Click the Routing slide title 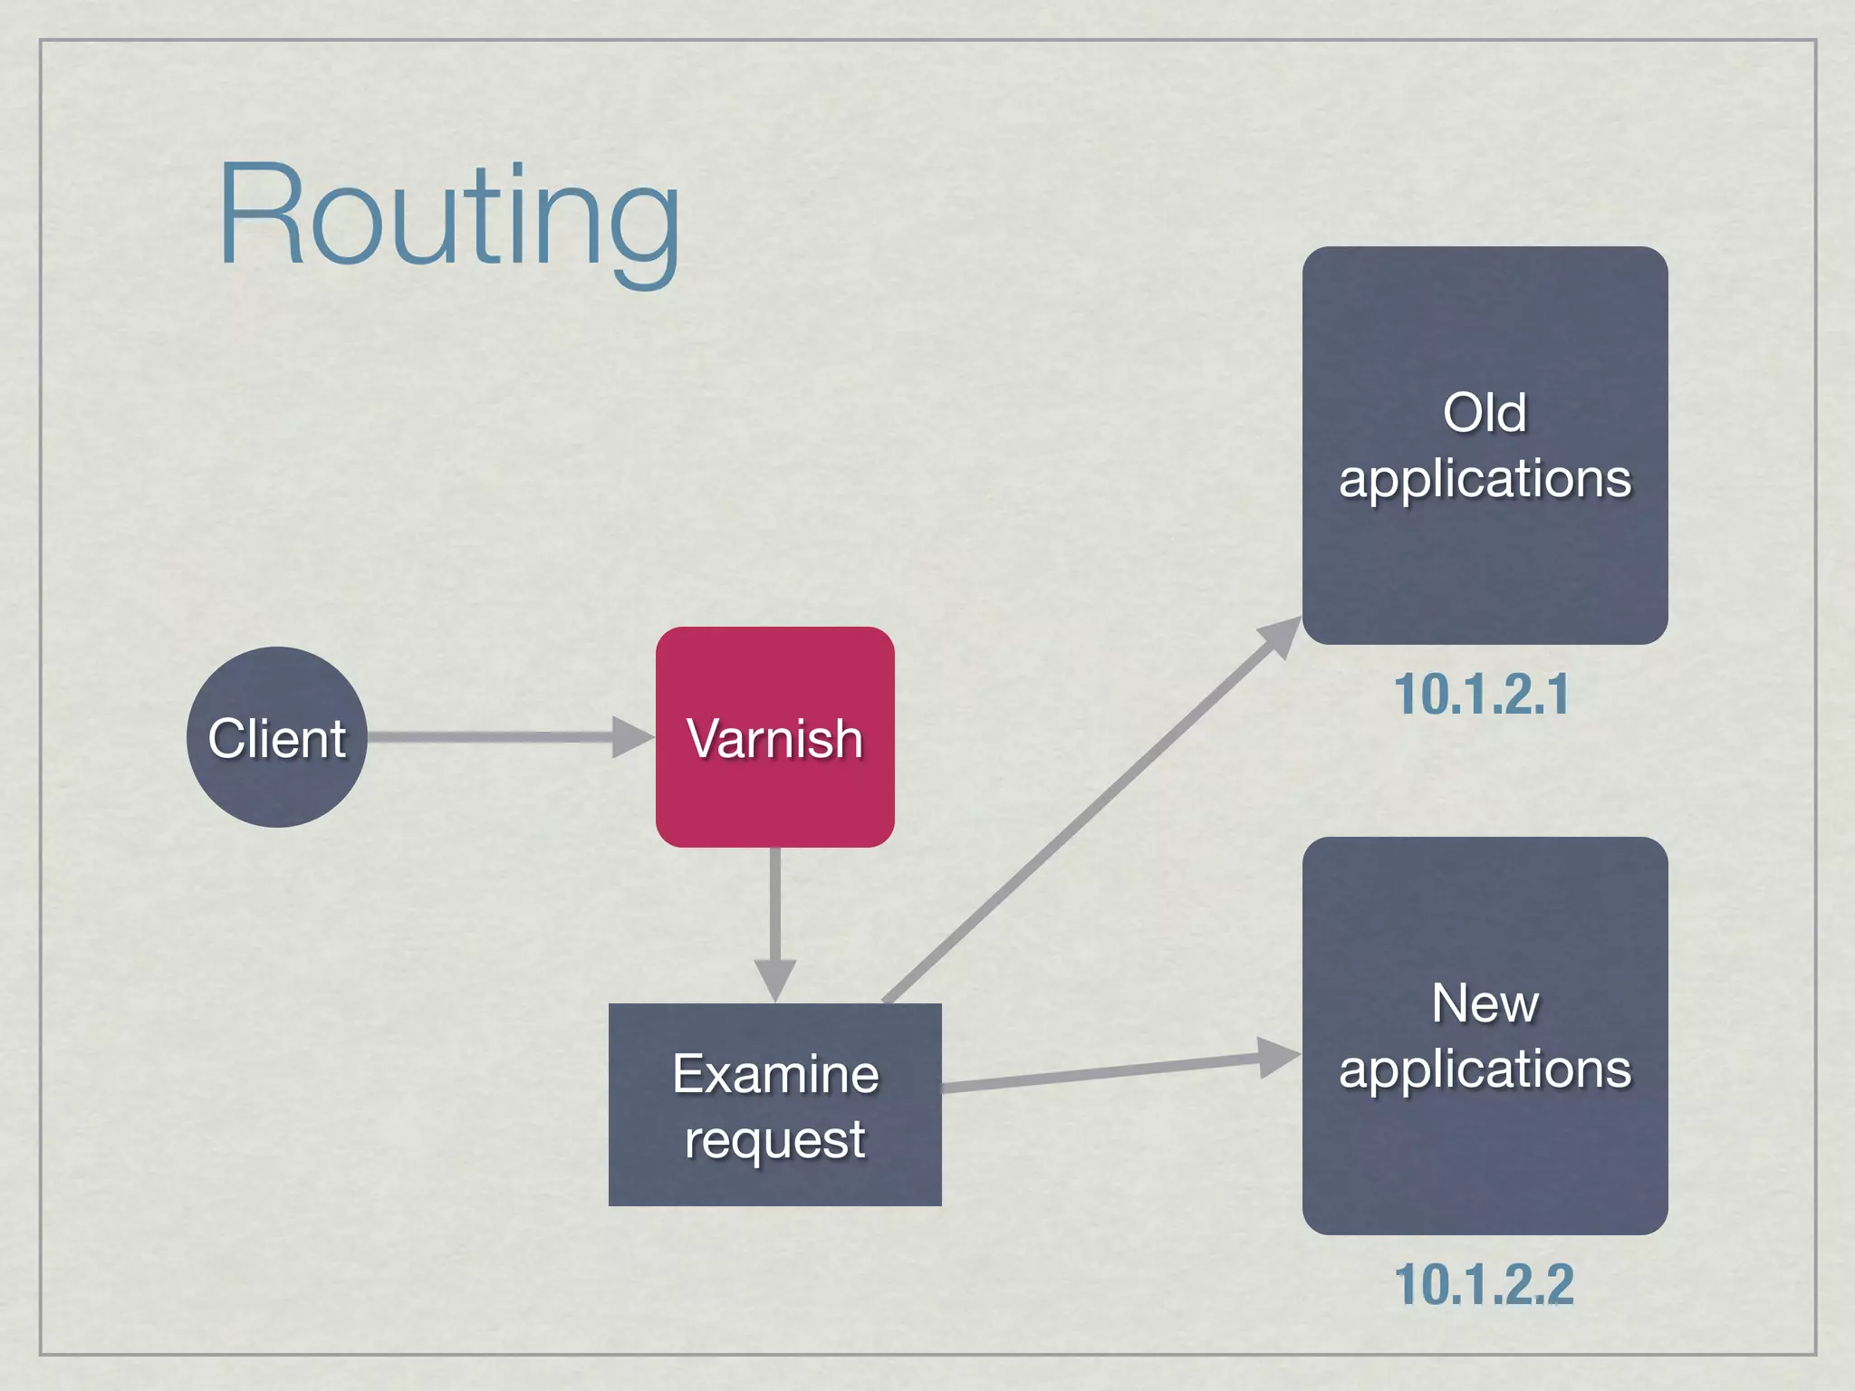[448, 217]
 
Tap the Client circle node [276, 737]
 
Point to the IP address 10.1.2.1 [1482, 695]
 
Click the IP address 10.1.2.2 [1484, 1284]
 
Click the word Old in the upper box [1485, 413]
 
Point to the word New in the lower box [1485, 1003]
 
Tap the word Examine [775, 1074]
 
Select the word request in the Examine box [775, 1139]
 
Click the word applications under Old [1485, 478]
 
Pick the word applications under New [1485, 1070]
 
